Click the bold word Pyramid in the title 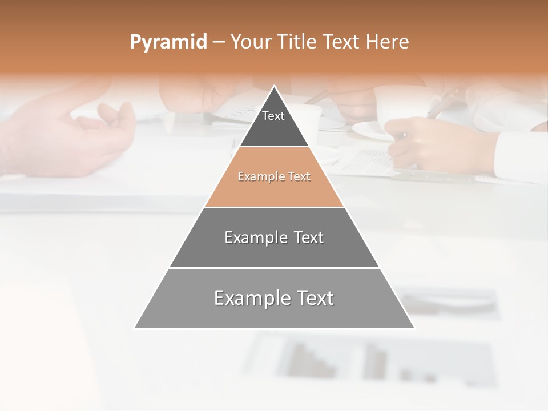click(x=168, y=42)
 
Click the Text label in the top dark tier click(x=273, y=116)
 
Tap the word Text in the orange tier click(x=299, y=177)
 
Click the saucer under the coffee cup click(x=371, y=132)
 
